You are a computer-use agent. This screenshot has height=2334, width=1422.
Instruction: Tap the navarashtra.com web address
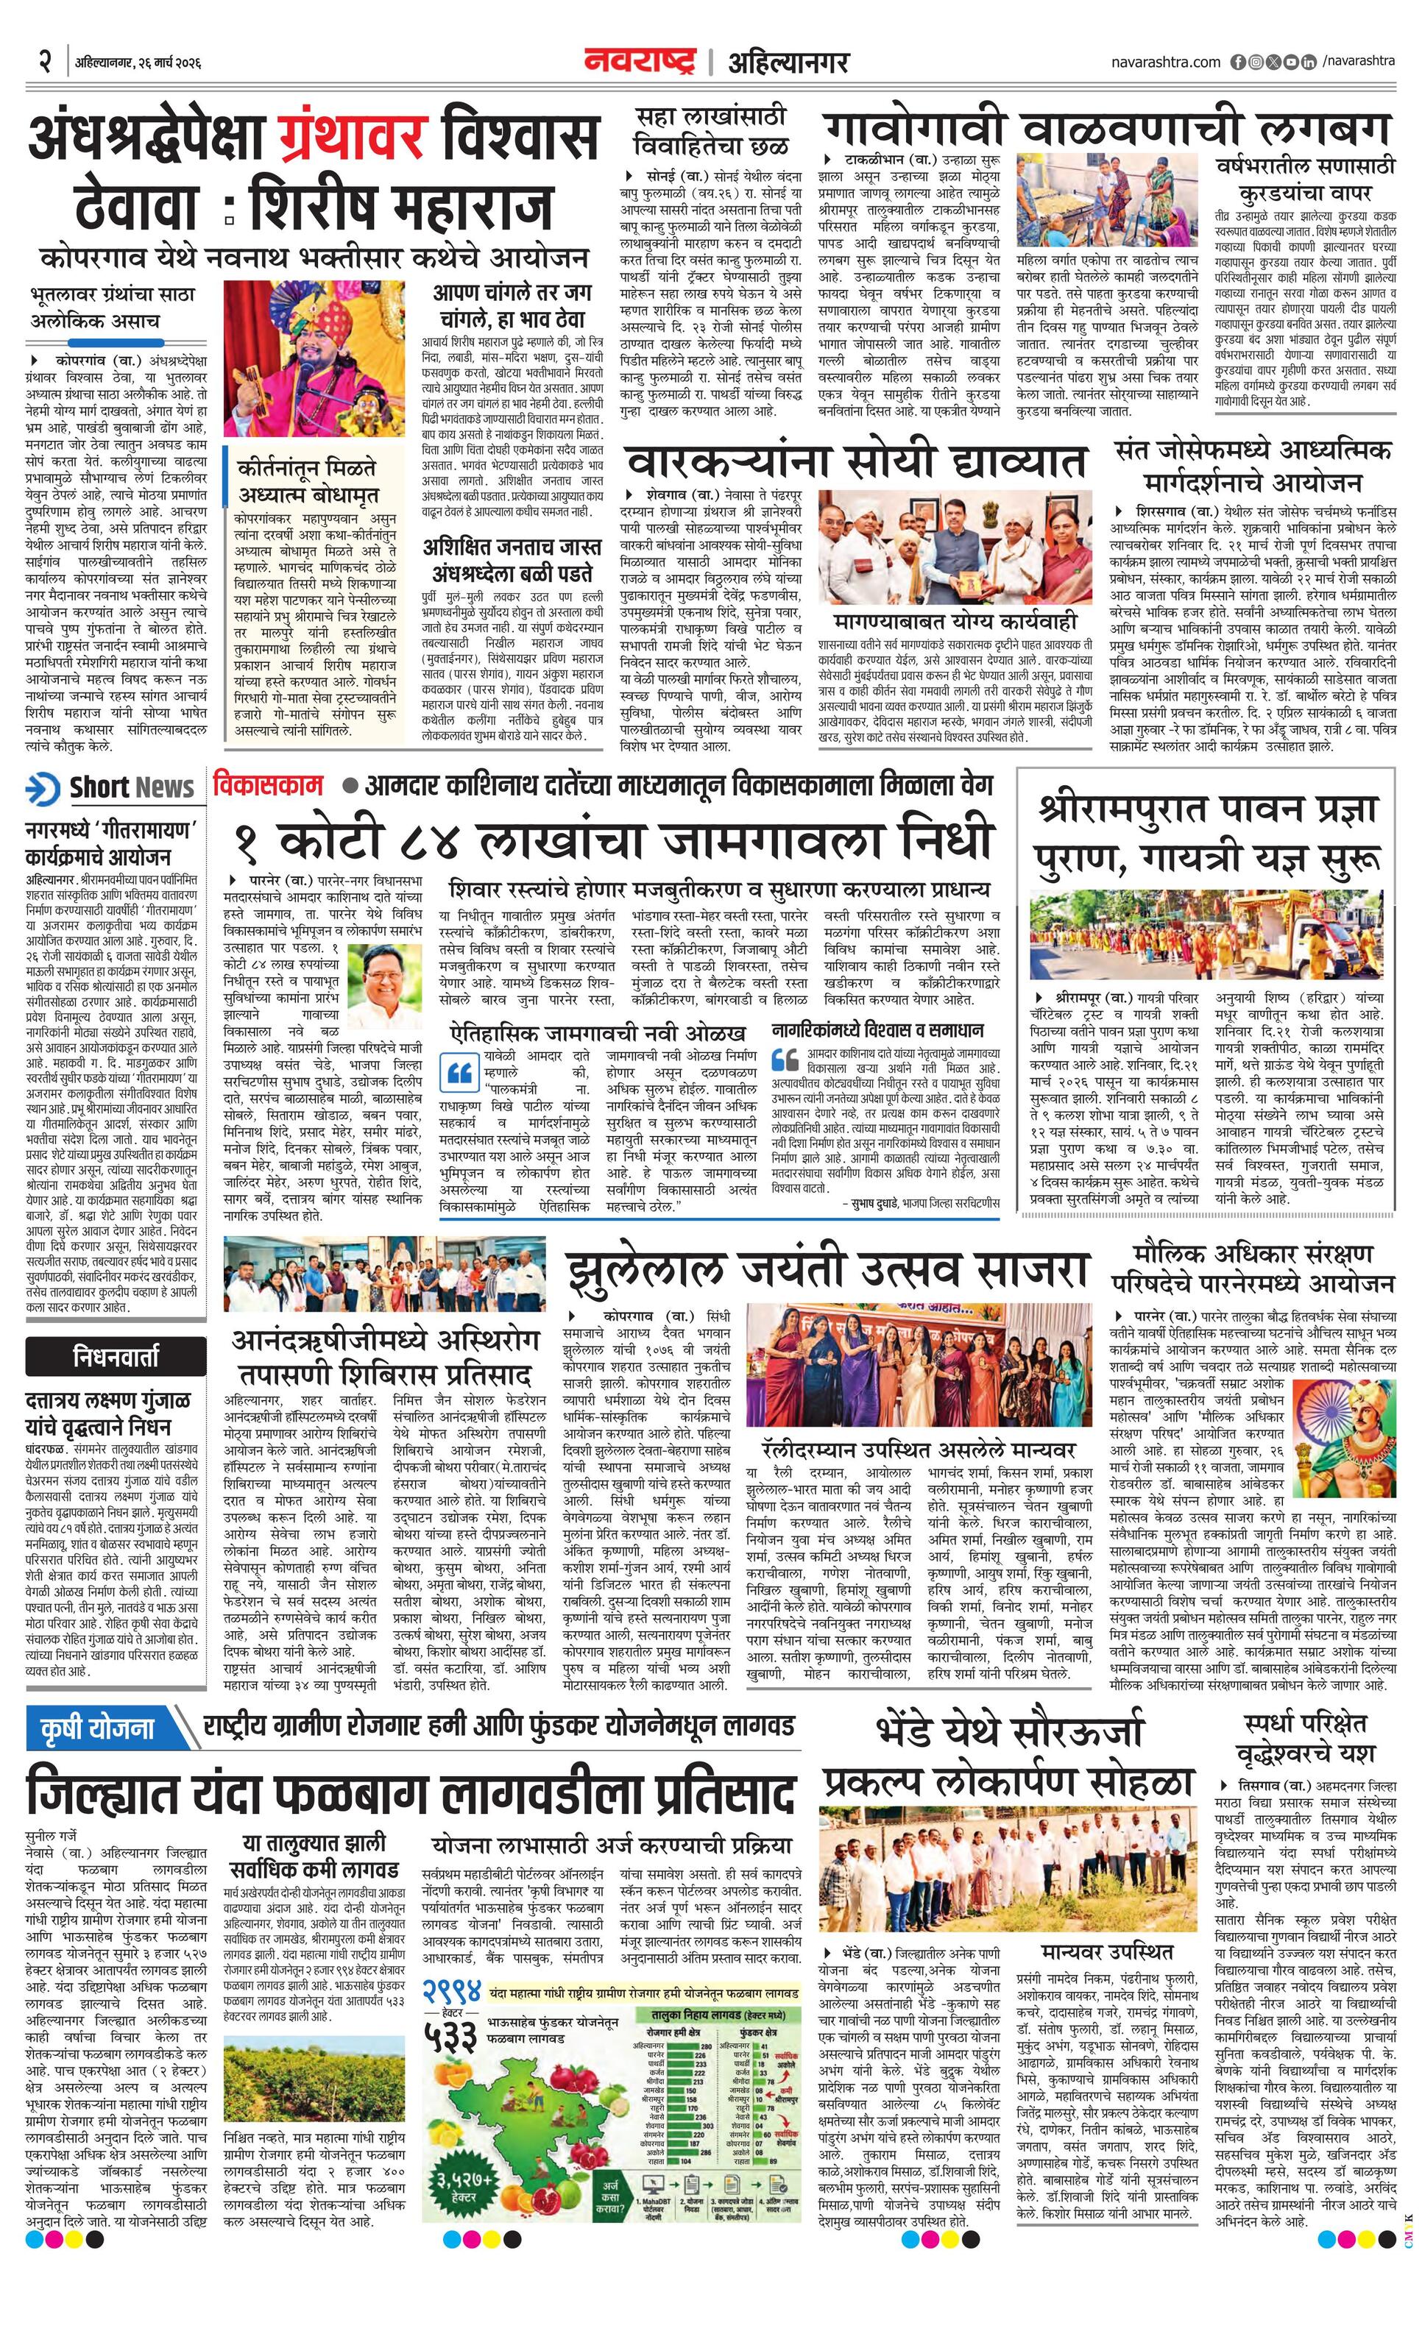(x=1165, y=63)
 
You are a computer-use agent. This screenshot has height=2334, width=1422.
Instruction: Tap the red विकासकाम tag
(x=268, y=785)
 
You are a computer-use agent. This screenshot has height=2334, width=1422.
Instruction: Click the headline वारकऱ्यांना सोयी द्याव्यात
(x=855, y=464)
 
